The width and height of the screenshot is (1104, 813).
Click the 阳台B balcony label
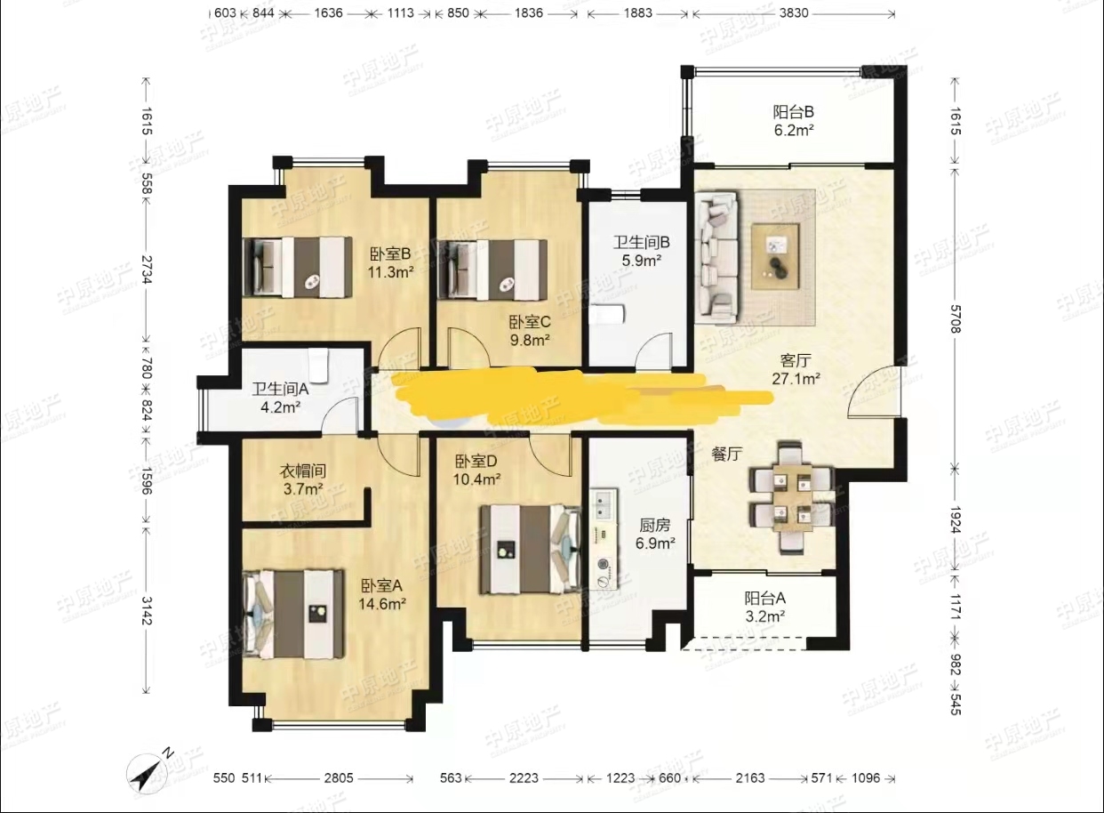(793, 112)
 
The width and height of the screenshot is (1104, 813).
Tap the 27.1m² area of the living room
(796, 379)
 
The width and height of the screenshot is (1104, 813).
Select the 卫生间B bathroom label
(641, 242)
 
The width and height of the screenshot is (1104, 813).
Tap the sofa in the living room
(716, 255)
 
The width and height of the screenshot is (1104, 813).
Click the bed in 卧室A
(293, 614)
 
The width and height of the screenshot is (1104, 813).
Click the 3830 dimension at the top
(794, 12)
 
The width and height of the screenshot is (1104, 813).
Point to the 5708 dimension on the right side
(956, 318)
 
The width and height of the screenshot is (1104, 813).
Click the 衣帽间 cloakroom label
(302, 471)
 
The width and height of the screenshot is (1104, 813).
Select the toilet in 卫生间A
(319, 366)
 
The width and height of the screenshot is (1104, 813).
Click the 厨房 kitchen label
(655, 525)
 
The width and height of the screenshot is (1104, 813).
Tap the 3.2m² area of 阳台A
(764, 616)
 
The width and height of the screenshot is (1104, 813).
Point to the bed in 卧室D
(531, 549)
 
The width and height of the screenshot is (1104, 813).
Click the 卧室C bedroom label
(530, 322)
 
